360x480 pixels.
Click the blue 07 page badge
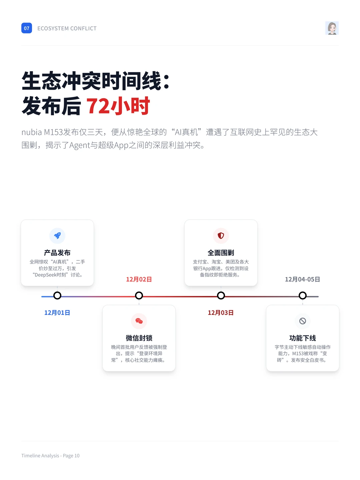(27, 28)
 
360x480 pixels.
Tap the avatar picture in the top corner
(332, 28)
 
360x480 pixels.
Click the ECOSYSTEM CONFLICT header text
(67, 29)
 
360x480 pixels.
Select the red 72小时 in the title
(118, 106)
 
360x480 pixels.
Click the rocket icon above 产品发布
(57, 236)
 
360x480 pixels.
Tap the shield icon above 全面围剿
(221, 236)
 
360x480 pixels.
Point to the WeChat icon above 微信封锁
(139, 321)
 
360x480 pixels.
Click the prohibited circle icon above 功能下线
(303, 321)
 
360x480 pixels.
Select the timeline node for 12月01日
(57, 296)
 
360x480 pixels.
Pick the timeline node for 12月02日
(139, 296)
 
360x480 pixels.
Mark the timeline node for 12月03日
(221, 296)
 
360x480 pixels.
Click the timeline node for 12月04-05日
(303, 296)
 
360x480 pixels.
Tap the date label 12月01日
(57, 313)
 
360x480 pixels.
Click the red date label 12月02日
(139, 279)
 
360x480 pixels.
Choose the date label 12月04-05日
(302, 279)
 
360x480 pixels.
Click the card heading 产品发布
(57, 253)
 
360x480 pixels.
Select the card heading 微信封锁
(139, 338)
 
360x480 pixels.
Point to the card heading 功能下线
(303, 338)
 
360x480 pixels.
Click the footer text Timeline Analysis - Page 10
(50, 456)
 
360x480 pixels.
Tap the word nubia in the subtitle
(32, 132)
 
